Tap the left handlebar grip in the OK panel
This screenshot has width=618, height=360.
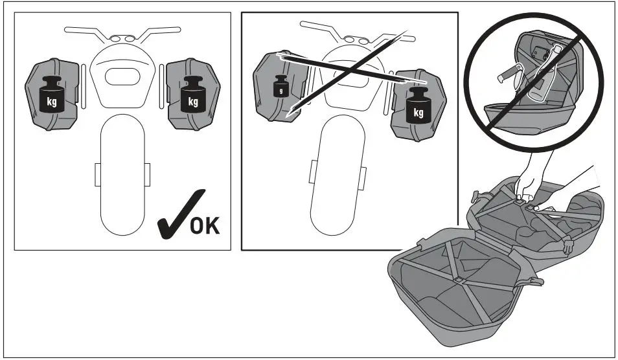point(74,29)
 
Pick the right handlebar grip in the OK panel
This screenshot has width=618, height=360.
point(170,29)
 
